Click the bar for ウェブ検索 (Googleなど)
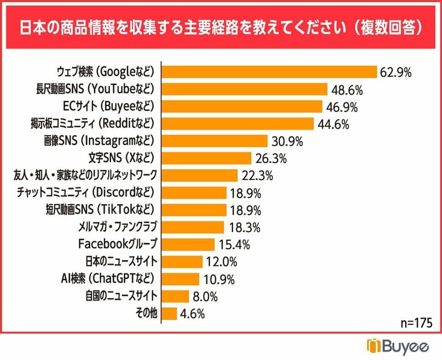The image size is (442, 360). [269, 72]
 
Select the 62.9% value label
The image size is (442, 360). [396, 72]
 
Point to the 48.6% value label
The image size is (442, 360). [347, 89]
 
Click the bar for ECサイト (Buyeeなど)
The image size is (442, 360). [242, 106]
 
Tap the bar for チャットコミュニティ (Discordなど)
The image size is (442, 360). [194, 193]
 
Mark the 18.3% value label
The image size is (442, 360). [245, 228]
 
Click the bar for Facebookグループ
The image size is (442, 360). [188, 245]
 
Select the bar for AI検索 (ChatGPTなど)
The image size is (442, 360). [180, 279]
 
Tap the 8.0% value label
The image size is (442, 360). [205, 297]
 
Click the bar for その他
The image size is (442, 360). [169, 314]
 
